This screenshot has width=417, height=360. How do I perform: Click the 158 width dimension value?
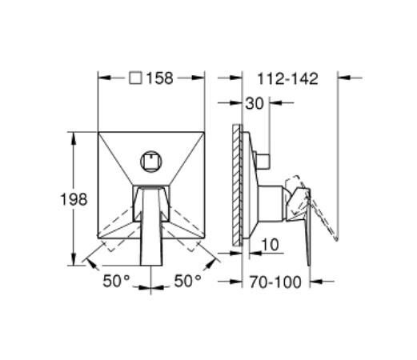pos(160,78)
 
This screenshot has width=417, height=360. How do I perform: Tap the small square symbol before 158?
pos(135,78)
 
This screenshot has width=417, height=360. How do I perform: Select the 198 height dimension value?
pos(74,199)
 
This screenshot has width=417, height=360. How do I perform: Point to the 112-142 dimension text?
pos(287,79)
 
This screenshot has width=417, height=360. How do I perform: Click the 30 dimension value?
pos(255,103)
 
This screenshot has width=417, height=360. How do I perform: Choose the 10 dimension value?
pos(270,244)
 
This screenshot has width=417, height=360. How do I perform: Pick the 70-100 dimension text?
pos(275,282)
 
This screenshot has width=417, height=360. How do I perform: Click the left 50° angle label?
pos(116,281)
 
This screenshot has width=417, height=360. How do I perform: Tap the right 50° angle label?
pos(187,281)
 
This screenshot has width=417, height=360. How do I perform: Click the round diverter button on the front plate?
pos(151,162)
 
